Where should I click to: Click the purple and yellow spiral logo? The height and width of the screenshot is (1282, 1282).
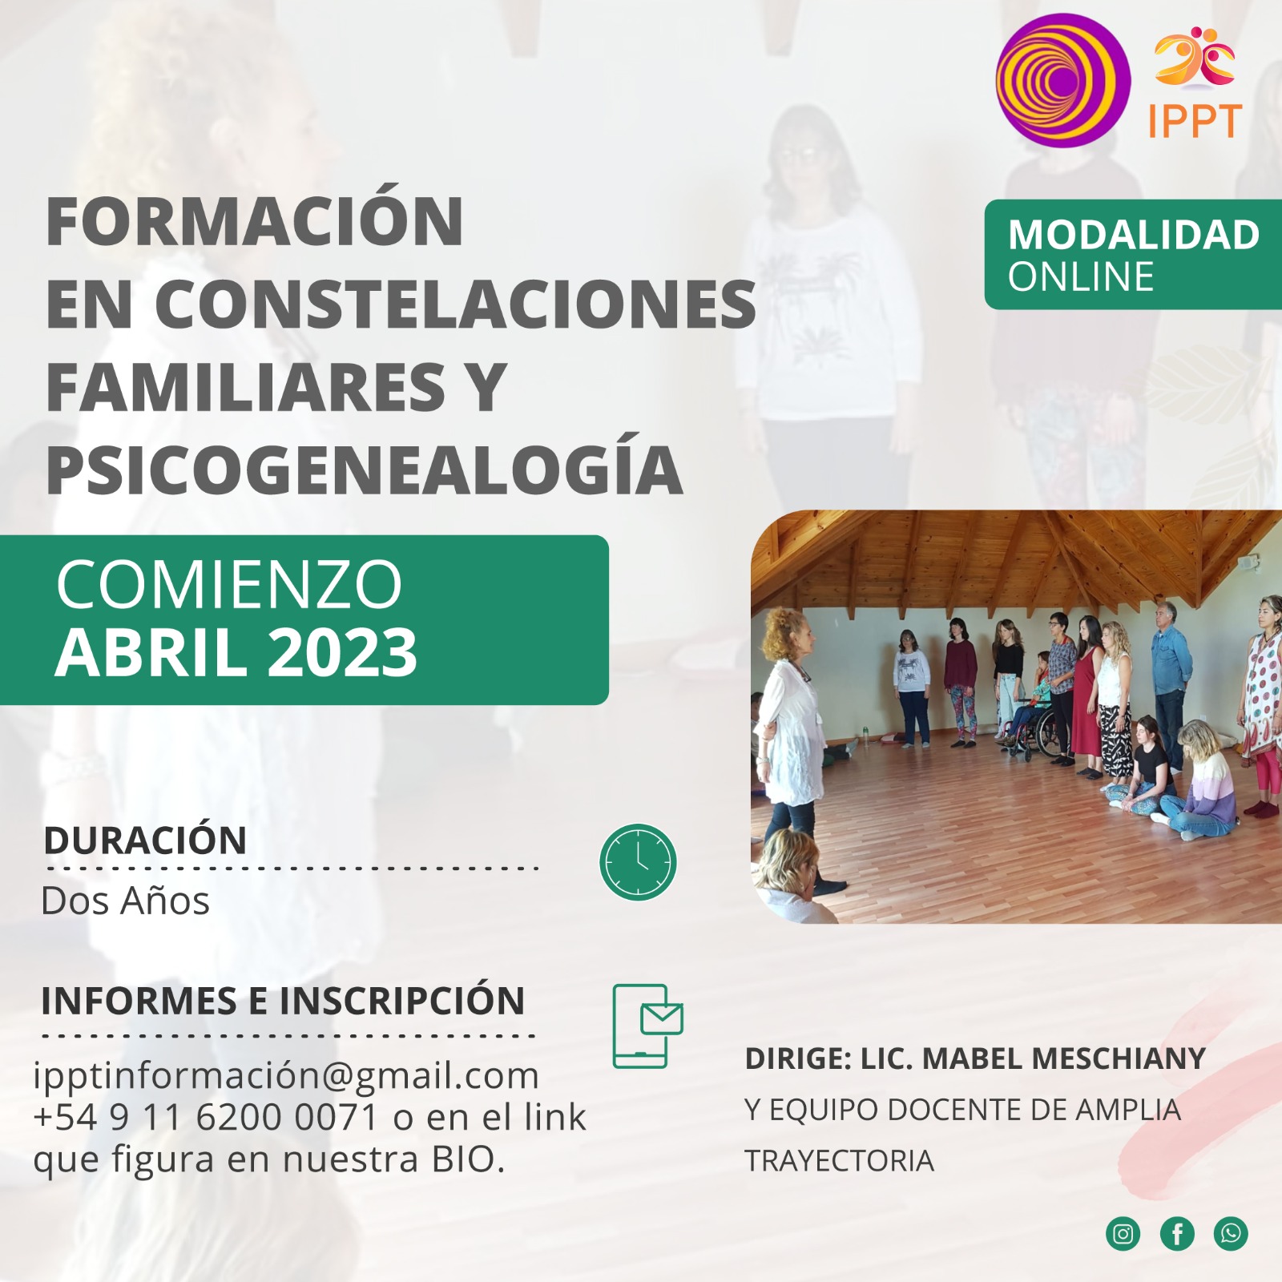coord(1062,80)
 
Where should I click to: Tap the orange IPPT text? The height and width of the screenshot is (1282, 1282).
coord(1194,121)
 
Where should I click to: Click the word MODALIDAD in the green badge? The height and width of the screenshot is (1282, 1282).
coord(1133,235)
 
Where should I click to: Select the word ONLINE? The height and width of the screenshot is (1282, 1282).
coord(1080,277)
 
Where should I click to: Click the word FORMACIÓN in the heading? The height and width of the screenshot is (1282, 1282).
coord(255,221)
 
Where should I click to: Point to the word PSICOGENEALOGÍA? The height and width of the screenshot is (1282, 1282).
coord(365,470)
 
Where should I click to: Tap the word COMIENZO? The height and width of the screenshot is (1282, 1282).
coord(229,585)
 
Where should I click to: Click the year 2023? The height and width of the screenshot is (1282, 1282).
coord(342,652)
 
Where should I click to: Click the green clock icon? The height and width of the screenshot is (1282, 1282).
coord(638,861)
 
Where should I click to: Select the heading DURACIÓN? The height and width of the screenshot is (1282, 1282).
coord(145,841)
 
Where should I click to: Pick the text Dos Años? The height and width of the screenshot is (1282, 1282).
coord(125,901)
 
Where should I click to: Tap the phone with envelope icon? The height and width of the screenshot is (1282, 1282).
coord(647,1026)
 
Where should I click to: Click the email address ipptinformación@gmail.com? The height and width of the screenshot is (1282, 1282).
coord(286,1075)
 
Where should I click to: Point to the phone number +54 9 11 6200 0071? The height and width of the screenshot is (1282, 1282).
coord(205,1117)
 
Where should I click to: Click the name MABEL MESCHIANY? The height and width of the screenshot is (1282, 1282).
coord(1064,1058)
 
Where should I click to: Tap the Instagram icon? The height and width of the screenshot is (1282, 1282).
coord(1123,1233)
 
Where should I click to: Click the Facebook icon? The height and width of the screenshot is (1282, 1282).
coord(1177,1233)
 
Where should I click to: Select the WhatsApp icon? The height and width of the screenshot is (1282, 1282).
coord(1231,1233)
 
